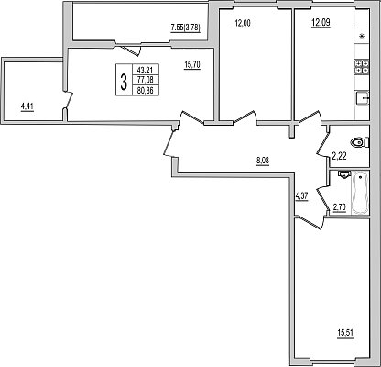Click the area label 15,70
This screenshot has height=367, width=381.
(192, 65)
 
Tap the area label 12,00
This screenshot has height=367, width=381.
(243, 23)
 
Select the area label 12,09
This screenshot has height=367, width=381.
(321, 23)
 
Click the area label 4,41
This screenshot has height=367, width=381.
(27, 107)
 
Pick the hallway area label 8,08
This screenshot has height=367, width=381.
(263, 160)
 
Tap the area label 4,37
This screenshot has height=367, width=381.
(301, 195)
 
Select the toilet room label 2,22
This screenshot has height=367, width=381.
(339, 157)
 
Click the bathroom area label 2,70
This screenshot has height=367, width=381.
(340, 207)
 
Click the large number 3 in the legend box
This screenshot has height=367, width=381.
(124, 83)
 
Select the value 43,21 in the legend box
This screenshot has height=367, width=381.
(146, 70)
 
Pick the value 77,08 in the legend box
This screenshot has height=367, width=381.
(146, 80)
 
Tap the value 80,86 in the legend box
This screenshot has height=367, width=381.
(146, 90)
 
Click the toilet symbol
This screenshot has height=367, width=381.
(360, 142)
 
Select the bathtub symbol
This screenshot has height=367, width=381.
(360, 193)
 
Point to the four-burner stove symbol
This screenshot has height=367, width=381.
(362, 67)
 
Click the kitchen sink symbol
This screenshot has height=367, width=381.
(363, 98)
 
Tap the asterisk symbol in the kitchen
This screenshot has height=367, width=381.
(362, 37)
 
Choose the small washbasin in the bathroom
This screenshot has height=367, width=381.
(344, 174)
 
